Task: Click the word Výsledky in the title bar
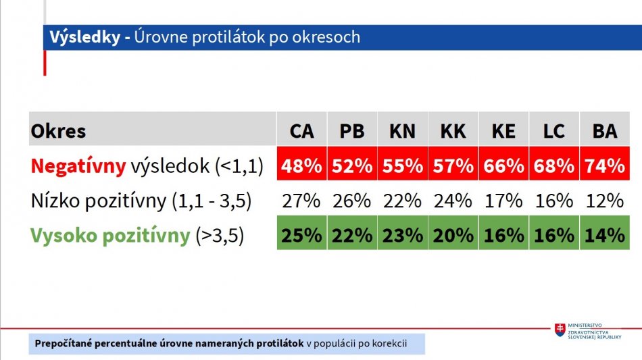click(x=85, y=37)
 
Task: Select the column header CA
click(x=302, y=131)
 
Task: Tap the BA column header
click(x=605, y=131)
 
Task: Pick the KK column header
click(x=453, y=131)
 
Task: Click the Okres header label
click(x=58, y=131)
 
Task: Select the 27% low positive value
click(x=301, y=201)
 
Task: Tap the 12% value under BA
click(x=605, y=201)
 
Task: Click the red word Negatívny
click(x=78, y=166)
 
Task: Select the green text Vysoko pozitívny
click(x=111, y=236)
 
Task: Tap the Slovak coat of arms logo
click(x=560, y=330)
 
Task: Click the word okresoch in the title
click(x=326, y=37)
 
